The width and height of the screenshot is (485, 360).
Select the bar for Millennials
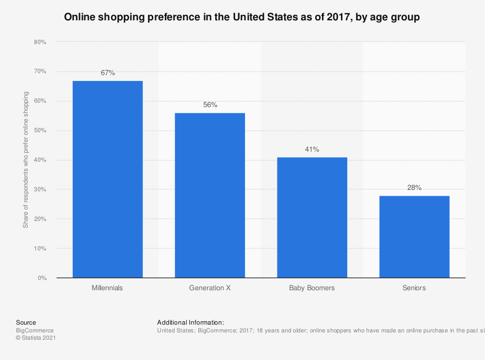click(108, 179)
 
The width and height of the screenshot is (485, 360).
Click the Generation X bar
click(210, 195)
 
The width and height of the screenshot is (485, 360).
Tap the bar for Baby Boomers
click(312, 218)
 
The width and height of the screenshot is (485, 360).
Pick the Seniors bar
click(414, 236)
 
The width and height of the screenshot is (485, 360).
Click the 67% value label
click(108, 73)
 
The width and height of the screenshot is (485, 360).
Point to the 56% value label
click(210, 105)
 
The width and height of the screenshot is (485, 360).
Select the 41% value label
click(312, 149)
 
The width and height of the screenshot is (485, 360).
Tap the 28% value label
click(414, 188)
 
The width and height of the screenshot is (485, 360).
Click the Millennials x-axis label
click(108, 288)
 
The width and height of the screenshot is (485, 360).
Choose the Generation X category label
click(210, 288)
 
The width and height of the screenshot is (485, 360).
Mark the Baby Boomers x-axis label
click(312, 288)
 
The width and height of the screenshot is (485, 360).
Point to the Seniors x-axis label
click(414, 288)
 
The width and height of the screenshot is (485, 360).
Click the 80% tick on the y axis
click(40, 42)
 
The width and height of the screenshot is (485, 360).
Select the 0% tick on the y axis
click(42, 278)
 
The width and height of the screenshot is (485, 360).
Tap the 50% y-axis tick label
click(40, 131)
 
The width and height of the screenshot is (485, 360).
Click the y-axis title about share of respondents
click(26, 159)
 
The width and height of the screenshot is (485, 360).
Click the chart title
click(242, 17)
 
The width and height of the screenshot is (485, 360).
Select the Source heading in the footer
click(26, 322)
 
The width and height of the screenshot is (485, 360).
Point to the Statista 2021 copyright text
click(36, 338)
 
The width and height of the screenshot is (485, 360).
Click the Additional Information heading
click(190, 322)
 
